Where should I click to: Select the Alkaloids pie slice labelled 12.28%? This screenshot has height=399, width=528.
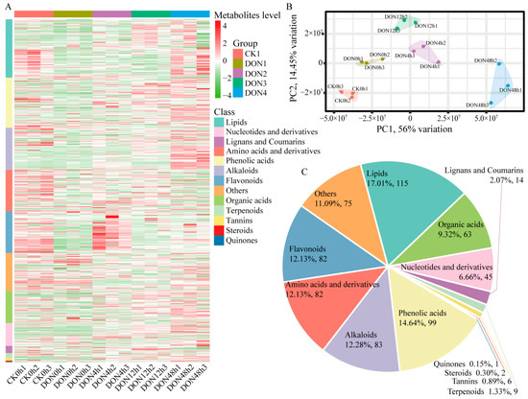pos(363,319)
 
